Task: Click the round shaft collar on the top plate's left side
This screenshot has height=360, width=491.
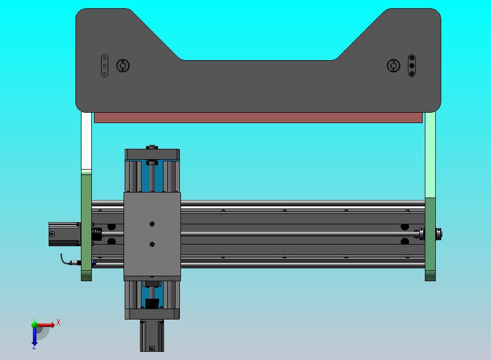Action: pos(122,66)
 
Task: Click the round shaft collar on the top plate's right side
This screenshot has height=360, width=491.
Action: pos(393,66)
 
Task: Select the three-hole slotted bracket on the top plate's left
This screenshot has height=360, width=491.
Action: pos(104,66)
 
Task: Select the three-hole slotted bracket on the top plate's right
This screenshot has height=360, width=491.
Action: pos(412,66)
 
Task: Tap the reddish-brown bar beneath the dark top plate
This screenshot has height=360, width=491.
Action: pos(258,118)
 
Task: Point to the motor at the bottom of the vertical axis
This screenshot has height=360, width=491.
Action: pos(152,335)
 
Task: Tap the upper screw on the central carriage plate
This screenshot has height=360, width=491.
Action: pos(152,224)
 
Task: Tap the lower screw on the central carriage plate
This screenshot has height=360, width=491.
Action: pos(152,245)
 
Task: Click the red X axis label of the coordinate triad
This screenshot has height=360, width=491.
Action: pos(59,323)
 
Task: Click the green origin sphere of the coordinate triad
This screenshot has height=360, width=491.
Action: pos(34,324)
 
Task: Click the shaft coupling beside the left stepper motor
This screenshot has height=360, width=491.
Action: pos(97,234)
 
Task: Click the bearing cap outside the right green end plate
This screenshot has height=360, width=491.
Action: pos(439,234)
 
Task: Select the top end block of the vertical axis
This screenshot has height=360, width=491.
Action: pos(152,154)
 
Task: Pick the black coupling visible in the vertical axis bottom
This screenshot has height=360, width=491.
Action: pos(153,303)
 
